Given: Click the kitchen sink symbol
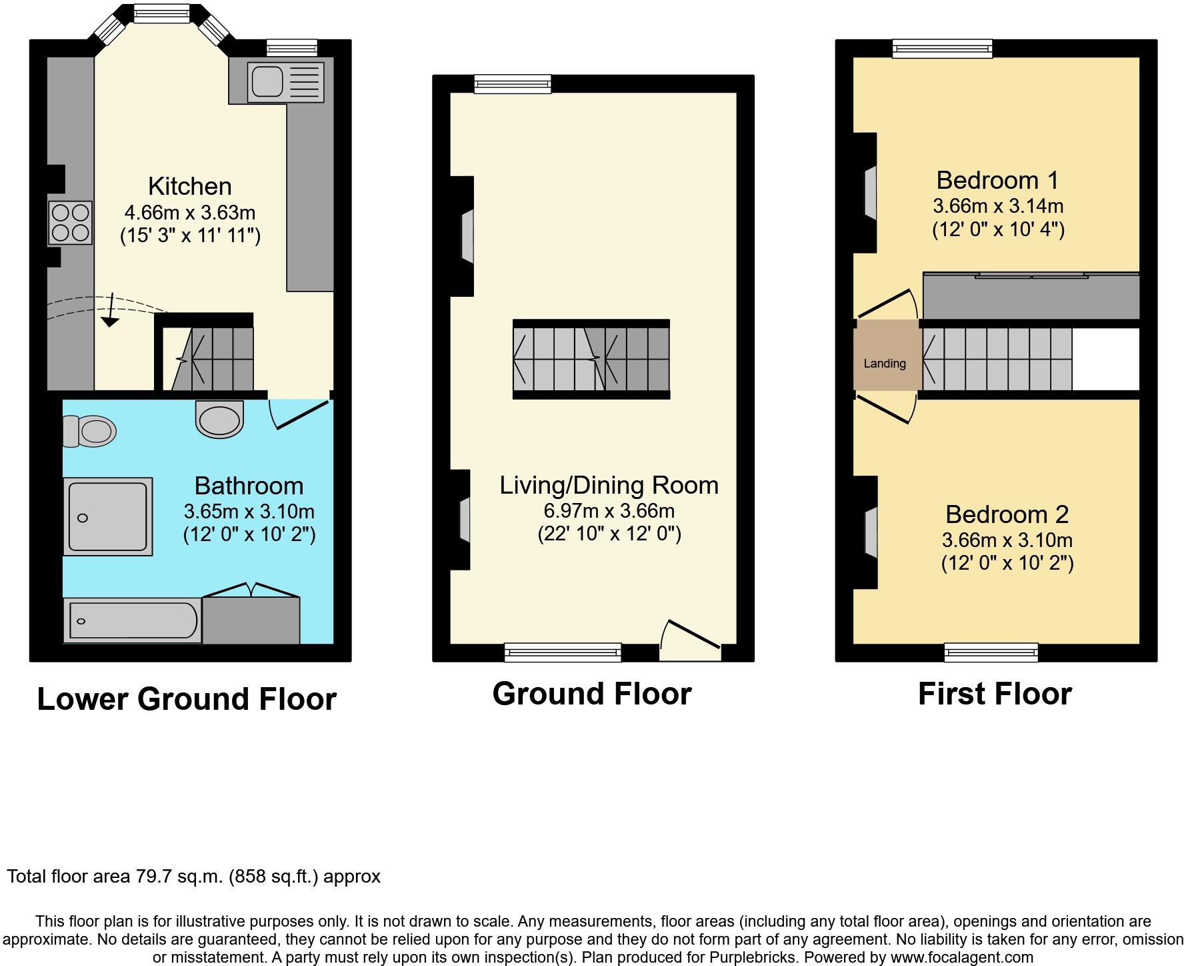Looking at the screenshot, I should coord(285,83).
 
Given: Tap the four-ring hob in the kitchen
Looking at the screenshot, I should coord(70,223).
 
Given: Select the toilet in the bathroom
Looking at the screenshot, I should coord(90,430).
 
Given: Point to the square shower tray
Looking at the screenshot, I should coord(108,516).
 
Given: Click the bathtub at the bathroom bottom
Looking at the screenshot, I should coord(133,620).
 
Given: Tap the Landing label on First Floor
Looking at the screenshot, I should coord(885,364).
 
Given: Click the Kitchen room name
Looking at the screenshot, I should coord(190,186).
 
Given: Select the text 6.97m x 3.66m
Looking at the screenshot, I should coord(609,511).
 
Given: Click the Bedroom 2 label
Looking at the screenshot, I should coord(1007,514).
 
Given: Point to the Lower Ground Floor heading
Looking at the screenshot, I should coord(187,699).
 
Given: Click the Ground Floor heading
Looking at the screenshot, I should coord(592,694).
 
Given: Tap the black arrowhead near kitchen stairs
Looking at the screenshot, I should coord(110,322).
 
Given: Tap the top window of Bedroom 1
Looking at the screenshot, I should coord(942,48).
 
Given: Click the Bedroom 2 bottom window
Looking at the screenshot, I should coord(991,652).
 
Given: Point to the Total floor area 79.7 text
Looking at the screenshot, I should coord(193,877).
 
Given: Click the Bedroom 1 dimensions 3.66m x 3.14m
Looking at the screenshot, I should coord(998,205).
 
